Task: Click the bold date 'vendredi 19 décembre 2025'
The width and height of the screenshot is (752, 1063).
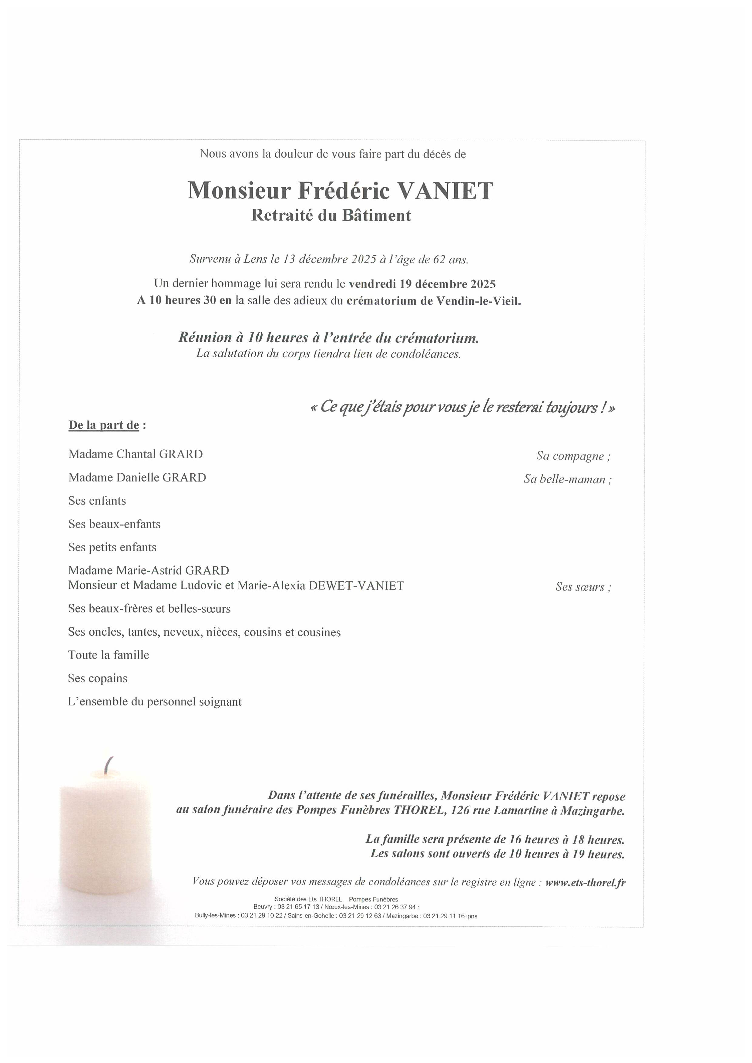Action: click(x=422, y=284)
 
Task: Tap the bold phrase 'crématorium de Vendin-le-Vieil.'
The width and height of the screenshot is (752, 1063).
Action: click(x=434, y=301)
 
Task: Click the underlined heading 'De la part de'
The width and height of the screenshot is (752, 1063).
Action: click(x=104, y=425)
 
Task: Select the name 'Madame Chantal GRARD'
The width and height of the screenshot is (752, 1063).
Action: click(x=136, y=454)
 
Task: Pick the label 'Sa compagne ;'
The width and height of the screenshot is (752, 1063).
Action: click(x=573, y=456)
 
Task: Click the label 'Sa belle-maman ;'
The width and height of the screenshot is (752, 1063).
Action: click(x=568, y=479)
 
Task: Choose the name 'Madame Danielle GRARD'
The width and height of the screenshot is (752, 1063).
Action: click(x=137, y=477)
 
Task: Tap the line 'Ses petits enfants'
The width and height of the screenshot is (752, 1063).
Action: click(x=112, y=547)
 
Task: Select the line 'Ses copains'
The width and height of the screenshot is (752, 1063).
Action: click(x=98, y=678)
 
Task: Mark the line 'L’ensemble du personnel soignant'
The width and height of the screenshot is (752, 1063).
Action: click(x=155, y=702)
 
